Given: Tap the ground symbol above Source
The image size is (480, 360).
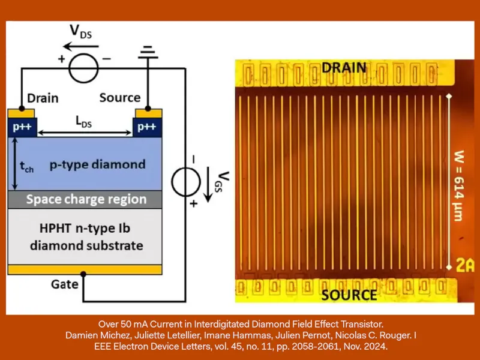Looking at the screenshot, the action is pyautogui.click(x=148, y=52).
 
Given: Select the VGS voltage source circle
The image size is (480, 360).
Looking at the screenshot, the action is pyautogui.click(x=172, y=182).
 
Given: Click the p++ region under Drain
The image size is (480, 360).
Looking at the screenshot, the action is pyautogui.click(x=22, y=127).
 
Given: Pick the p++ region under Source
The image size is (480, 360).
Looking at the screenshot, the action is pyautogui.click(x=147, y=127).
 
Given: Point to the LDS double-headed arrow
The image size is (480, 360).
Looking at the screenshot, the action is pyautogui.click(x=85, y=133).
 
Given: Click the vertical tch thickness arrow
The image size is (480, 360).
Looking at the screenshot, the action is pyautogui.click(x=14, y=164).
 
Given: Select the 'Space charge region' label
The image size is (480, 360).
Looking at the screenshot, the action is pyautogui.click(x=86, y=199).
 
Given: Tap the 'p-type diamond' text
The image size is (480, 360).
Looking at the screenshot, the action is pyautogui.click(x=97, y=164).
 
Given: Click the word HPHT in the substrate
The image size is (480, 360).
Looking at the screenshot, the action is pyautogui.click(x=55, y=229).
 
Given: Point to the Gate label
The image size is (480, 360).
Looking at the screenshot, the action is pyautogui.click(x=65, y=284).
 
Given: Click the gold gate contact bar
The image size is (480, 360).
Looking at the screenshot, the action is pyautogui.click(x=85, y=269).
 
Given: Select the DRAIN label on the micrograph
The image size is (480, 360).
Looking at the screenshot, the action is pyautogui.click(x=344, y=68).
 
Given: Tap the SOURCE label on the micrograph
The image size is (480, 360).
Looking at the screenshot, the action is pyautogui.click(x=349, y=295).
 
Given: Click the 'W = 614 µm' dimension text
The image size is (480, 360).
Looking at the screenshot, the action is pyautogui.click(x=458, y=186).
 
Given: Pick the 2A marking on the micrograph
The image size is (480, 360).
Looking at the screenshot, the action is pyautogui.click(x=465, y=265).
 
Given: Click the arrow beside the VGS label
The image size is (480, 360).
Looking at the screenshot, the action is pyautogui.click(x=208, y=185).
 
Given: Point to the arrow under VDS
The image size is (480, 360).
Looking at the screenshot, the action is pyautogui.click(x=81, y=47).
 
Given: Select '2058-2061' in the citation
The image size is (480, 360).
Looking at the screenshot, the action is pyautogui.click(x=316, y=347).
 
